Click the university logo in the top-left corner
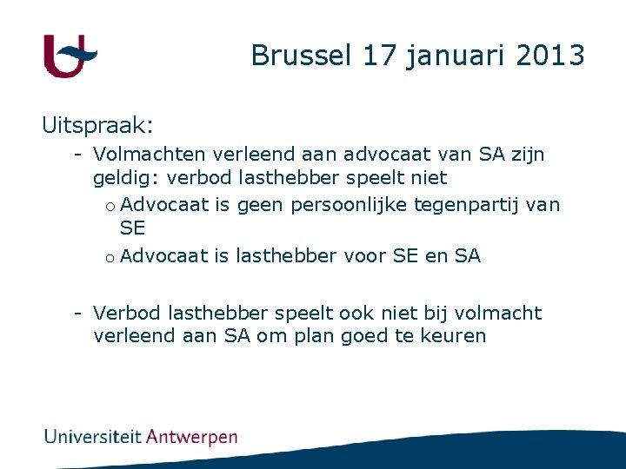[70, 56]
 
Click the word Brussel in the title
[301, 56]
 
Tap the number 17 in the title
[378, 56]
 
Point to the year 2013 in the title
[550, 56]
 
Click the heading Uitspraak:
[97, 126]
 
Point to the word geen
[259, 205]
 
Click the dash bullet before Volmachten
[78, 155]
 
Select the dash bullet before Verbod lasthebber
[78, 313]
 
